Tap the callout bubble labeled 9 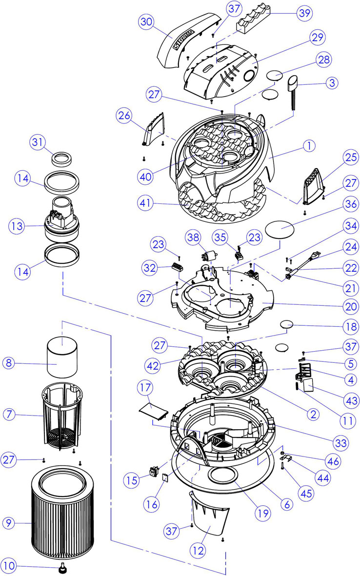9,523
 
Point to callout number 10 9,567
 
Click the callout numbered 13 16,226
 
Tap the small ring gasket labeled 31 62,159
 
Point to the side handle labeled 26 155,127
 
